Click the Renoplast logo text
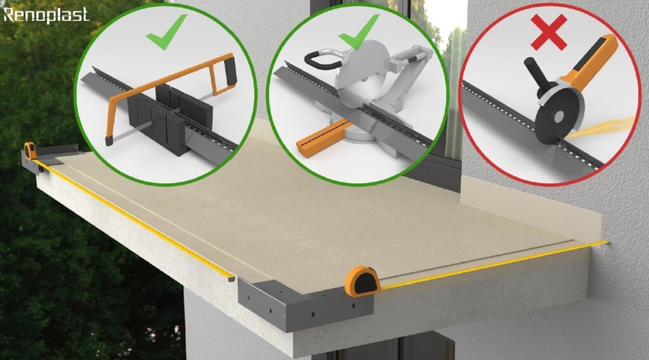click(x=46, y=15)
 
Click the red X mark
click(x=549, y=32)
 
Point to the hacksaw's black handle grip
click(x=229, y=71)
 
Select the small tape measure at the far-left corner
click(x=30, y=151)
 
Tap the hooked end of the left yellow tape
click(x=231, y=279)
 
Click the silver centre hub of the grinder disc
click(x=558, y=116)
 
